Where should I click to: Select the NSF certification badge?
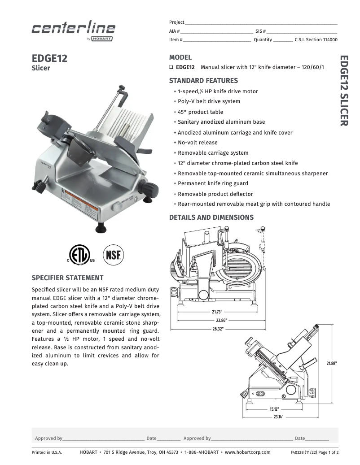[114, 255]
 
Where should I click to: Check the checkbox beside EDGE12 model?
[171, 67]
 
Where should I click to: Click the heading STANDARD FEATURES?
[203, 81]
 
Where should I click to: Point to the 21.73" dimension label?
[217, 312]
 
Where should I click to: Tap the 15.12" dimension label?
[274, 409]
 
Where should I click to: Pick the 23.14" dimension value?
[278, 417]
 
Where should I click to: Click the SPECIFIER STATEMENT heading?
[67, 278]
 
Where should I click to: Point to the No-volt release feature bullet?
[198, 143]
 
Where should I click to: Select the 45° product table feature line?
[200, 112]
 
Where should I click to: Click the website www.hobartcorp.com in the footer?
[247, 452]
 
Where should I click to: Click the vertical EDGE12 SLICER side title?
[343, 91]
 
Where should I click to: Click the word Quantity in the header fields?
[263, 39]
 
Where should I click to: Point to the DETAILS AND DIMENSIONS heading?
[211, 217]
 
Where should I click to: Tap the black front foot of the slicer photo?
[101, 229]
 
